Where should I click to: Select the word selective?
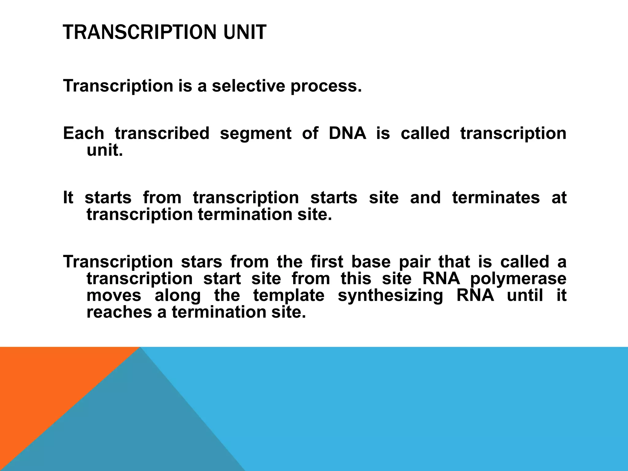click(248, 86)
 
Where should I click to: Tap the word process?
click(326, 86)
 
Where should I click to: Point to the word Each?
click(84, 133)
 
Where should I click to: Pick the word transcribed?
click(162, 133)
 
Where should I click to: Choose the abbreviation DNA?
click(347, 133)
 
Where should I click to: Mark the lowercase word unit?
click(105, 150)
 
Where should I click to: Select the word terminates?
click(496, 197)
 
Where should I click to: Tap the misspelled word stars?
click(201, 262)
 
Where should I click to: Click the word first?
click(327, 262)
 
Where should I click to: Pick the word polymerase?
click(518, 279)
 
